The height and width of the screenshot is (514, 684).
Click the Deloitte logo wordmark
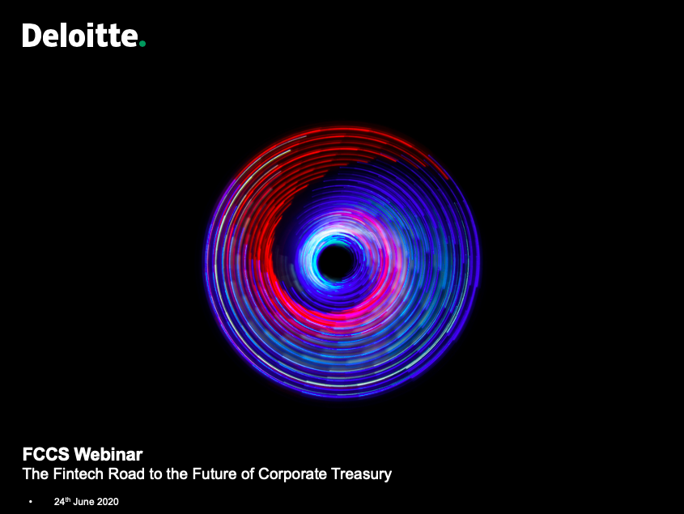[x=83, y=35]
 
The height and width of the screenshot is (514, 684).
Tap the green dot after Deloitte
[x=142, y=43]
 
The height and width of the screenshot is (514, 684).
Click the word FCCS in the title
[x=46, y=454]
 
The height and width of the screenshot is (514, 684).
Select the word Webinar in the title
[x=108, y=454]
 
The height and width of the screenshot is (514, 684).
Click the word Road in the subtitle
[x=126, y=474]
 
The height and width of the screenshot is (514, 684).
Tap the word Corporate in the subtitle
[x=292, y=474]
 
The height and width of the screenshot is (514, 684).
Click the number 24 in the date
[x=59, y=502]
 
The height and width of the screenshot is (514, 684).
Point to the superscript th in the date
[x=68, y=499]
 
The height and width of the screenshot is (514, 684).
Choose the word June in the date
[x=83, y=502]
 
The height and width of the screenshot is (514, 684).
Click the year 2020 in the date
[x=108, y=502]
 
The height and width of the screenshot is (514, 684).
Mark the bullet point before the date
[x=31, y=502]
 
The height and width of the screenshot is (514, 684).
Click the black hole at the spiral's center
[x=336, y=261]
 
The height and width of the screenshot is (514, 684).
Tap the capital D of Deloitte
[x=32, y=36]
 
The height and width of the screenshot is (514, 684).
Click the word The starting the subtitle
[x=36, y=474]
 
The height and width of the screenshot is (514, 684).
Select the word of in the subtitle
[x=247, y=474]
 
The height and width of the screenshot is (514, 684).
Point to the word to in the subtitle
[x=155, y=474]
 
